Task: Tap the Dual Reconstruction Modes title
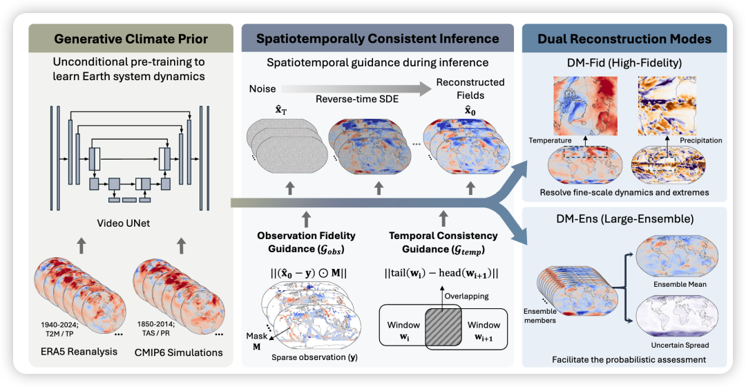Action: [x=624, y=39]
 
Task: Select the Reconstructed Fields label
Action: [x=470, y=88]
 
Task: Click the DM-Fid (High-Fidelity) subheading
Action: [x=624, y=64]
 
